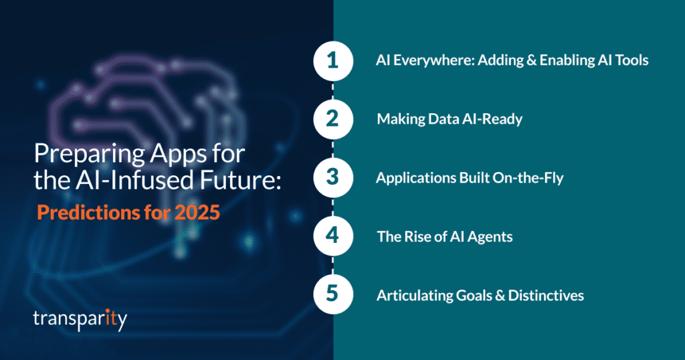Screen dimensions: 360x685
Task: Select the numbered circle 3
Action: [x=332, y=178]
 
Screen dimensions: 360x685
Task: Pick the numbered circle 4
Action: [x=332, y=236]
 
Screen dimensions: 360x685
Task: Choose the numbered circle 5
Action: [x=332, y=295]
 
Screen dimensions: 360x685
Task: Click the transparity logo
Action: [x=80, y=319]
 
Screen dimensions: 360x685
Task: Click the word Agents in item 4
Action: [x=492, y=237]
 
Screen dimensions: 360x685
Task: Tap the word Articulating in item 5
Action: [x=411, y=295]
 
